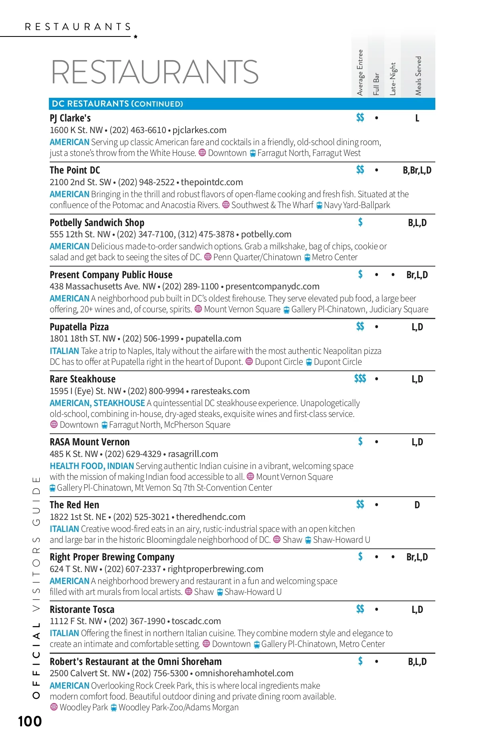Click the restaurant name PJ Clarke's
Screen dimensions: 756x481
point(70,118)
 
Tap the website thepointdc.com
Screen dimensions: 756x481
point(212,182)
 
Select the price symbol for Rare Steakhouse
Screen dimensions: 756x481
point(360,379)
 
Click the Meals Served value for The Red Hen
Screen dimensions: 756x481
point(417,505)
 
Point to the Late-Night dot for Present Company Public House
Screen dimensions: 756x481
point(393,275)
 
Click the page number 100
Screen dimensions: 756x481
point(30,722)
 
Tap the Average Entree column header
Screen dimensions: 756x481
point(360,73)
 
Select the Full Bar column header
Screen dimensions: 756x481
point(376,84)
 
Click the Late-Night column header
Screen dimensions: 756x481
point(393,79)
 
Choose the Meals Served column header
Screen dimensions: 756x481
point(418,76)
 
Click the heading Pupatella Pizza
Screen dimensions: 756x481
point(79,327)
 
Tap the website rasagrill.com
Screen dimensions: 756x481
point(193,454)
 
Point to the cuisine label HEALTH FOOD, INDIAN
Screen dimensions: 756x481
point(92,466)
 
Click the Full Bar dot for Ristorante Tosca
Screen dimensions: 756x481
point(376,610)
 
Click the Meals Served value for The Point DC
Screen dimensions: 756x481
point(417,170)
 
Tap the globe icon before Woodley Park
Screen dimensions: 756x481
point(54,707)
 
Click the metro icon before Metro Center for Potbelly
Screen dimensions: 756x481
point(307,257)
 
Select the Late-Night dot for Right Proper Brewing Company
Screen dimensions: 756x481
point(393,557)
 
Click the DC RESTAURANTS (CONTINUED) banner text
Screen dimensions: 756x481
point(117,104)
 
